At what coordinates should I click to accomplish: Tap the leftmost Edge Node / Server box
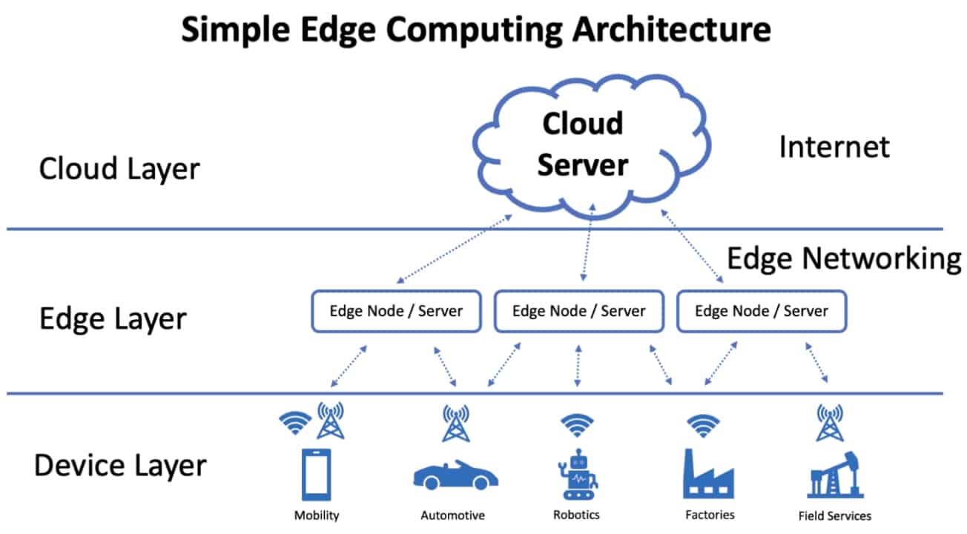[x=396, y=310]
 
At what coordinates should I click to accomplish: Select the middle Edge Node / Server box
[x=578, y=310]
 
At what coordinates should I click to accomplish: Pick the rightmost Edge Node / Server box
[x=762, y=310]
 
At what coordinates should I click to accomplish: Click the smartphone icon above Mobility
[x=316, y=474]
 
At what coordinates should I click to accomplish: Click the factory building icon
[x=708, y=474]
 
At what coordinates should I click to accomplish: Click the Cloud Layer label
[x=119, y=169]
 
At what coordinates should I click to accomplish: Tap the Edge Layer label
[x=113, y=318]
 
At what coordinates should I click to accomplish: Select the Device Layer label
[x=121, y=466]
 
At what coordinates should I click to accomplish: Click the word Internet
[x=834, y=147]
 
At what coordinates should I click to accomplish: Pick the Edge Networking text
[x=843, y=259]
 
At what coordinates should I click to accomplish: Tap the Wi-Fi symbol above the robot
[x=576, y=425]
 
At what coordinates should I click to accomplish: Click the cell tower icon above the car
[x=455, y=423]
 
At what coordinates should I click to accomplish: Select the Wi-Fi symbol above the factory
[x=702, y=425]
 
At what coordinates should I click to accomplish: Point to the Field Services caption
[x=834, y=515]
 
